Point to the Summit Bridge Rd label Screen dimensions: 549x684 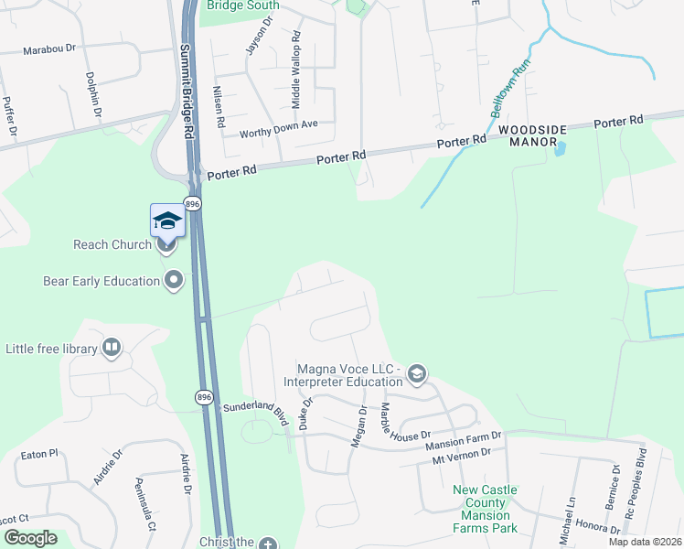point(187,91)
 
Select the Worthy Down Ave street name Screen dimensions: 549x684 point(278,128)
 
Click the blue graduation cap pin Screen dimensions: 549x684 point(167,221)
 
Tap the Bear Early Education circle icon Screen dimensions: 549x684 point(174,281)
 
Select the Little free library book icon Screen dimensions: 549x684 point(112,348)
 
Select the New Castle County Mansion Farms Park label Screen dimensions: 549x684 point(485,509)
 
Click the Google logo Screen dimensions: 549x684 point(31,538)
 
